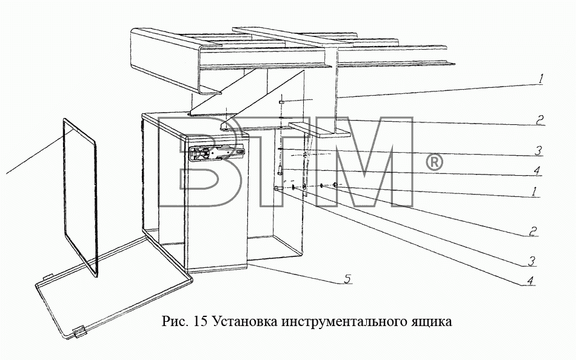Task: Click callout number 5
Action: (347, 279)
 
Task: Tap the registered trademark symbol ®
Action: (434, 162)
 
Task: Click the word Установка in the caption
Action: (246, 321)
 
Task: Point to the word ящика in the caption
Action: (430, 322)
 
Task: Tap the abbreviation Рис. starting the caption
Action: (175, 322)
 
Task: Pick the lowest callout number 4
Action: (530, 281)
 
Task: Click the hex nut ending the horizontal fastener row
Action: (335, 184)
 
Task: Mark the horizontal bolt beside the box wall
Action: (279, 188)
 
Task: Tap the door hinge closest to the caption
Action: (79, 332)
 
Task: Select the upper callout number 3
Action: (538, 151)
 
